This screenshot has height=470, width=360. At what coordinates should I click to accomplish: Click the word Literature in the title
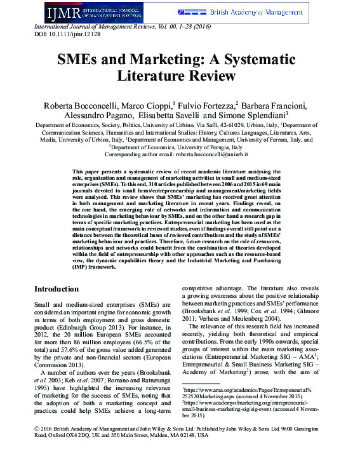click(x=149, y=76)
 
